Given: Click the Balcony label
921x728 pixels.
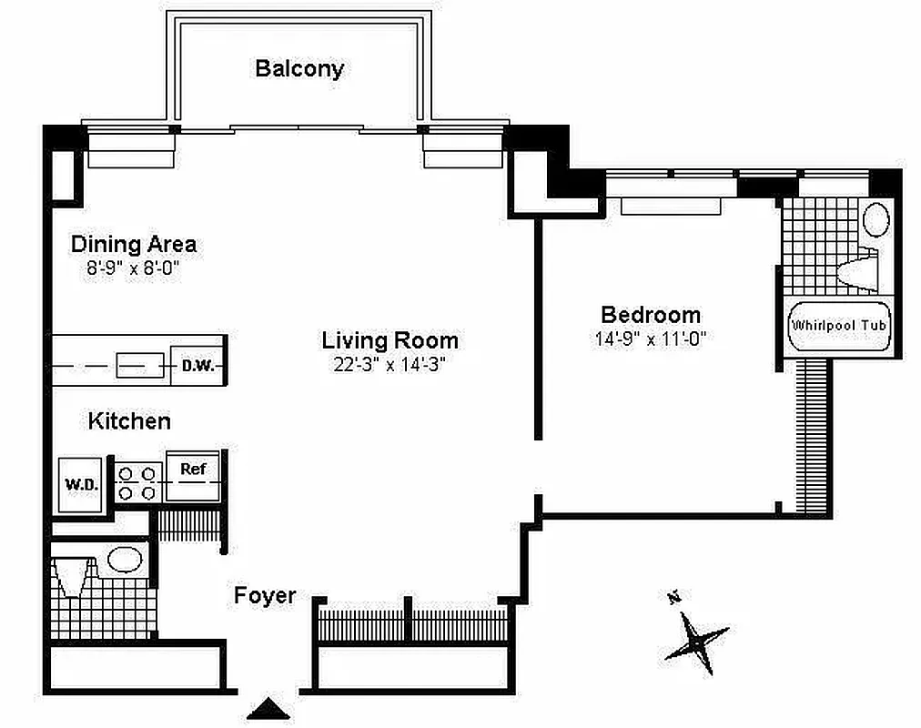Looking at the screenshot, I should [299, 68].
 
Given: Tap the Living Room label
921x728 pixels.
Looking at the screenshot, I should [390, 341].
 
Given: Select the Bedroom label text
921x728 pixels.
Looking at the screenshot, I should [651, 315].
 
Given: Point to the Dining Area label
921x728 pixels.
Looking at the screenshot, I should [133, 244].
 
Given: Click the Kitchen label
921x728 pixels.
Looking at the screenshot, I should [129, 421].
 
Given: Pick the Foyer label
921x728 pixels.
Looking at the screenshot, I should [265, 596].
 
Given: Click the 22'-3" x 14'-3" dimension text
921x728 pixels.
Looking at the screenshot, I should [390, 365].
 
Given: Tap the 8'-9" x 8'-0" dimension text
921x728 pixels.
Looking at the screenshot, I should [133, 268].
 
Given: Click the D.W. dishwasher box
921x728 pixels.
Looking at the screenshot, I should [196, 367].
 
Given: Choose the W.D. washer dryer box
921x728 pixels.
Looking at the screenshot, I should [81, 484].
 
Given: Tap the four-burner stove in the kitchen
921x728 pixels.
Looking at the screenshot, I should [137, 483].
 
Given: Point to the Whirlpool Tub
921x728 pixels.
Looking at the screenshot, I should [837, 326].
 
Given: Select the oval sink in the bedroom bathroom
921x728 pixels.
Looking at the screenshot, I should [875, 219].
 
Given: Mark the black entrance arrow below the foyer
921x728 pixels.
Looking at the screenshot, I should [268, 708].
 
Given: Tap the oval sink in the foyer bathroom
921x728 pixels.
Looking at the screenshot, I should [124, 559].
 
